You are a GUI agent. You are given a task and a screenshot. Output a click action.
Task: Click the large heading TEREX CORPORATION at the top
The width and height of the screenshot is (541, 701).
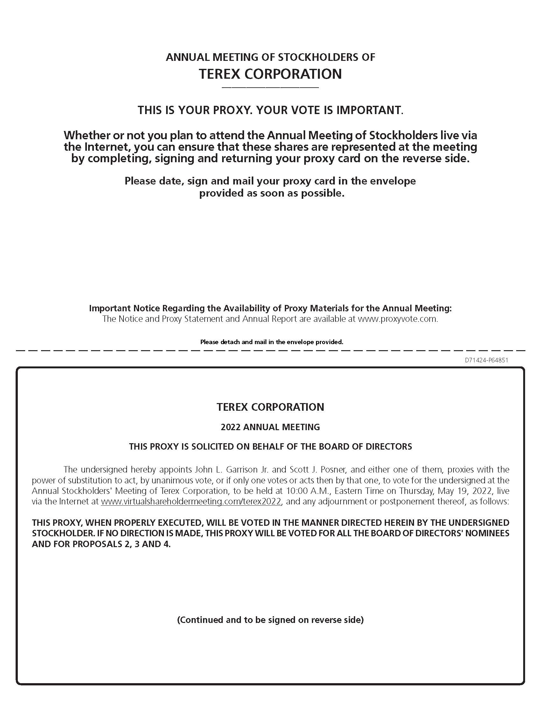[x=270, y=74]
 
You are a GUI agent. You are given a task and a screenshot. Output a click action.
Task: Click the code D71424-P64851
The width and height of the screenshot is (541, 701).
[x=486, y=360]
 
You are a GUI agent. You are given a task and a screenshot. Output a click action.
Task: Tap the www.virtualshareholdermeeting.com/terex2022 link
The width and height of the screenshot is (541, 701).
[x=191, y=501]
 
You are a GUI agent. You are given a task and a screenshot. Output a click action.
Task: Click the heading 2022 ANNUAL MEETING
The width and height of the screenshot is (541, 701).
[x=270, y=427]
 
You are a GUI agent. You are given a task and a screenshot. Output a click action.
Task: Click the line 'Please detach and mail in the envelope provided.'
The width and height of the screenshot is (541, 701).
[x=271, y=342]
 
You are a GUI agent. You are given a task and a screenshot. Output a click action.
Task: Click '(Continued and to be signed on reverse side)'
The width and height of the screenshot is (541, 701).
[x=270, y=619]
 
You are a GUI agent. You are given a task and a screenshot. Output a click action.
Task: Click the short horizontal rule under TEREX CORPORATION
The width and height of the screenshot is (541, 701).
[x=270, y=88]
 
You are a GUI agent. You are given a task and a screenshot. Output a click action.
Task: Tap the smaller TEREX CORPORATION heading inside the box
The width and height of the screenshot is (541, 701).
[x=270, y=407]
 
